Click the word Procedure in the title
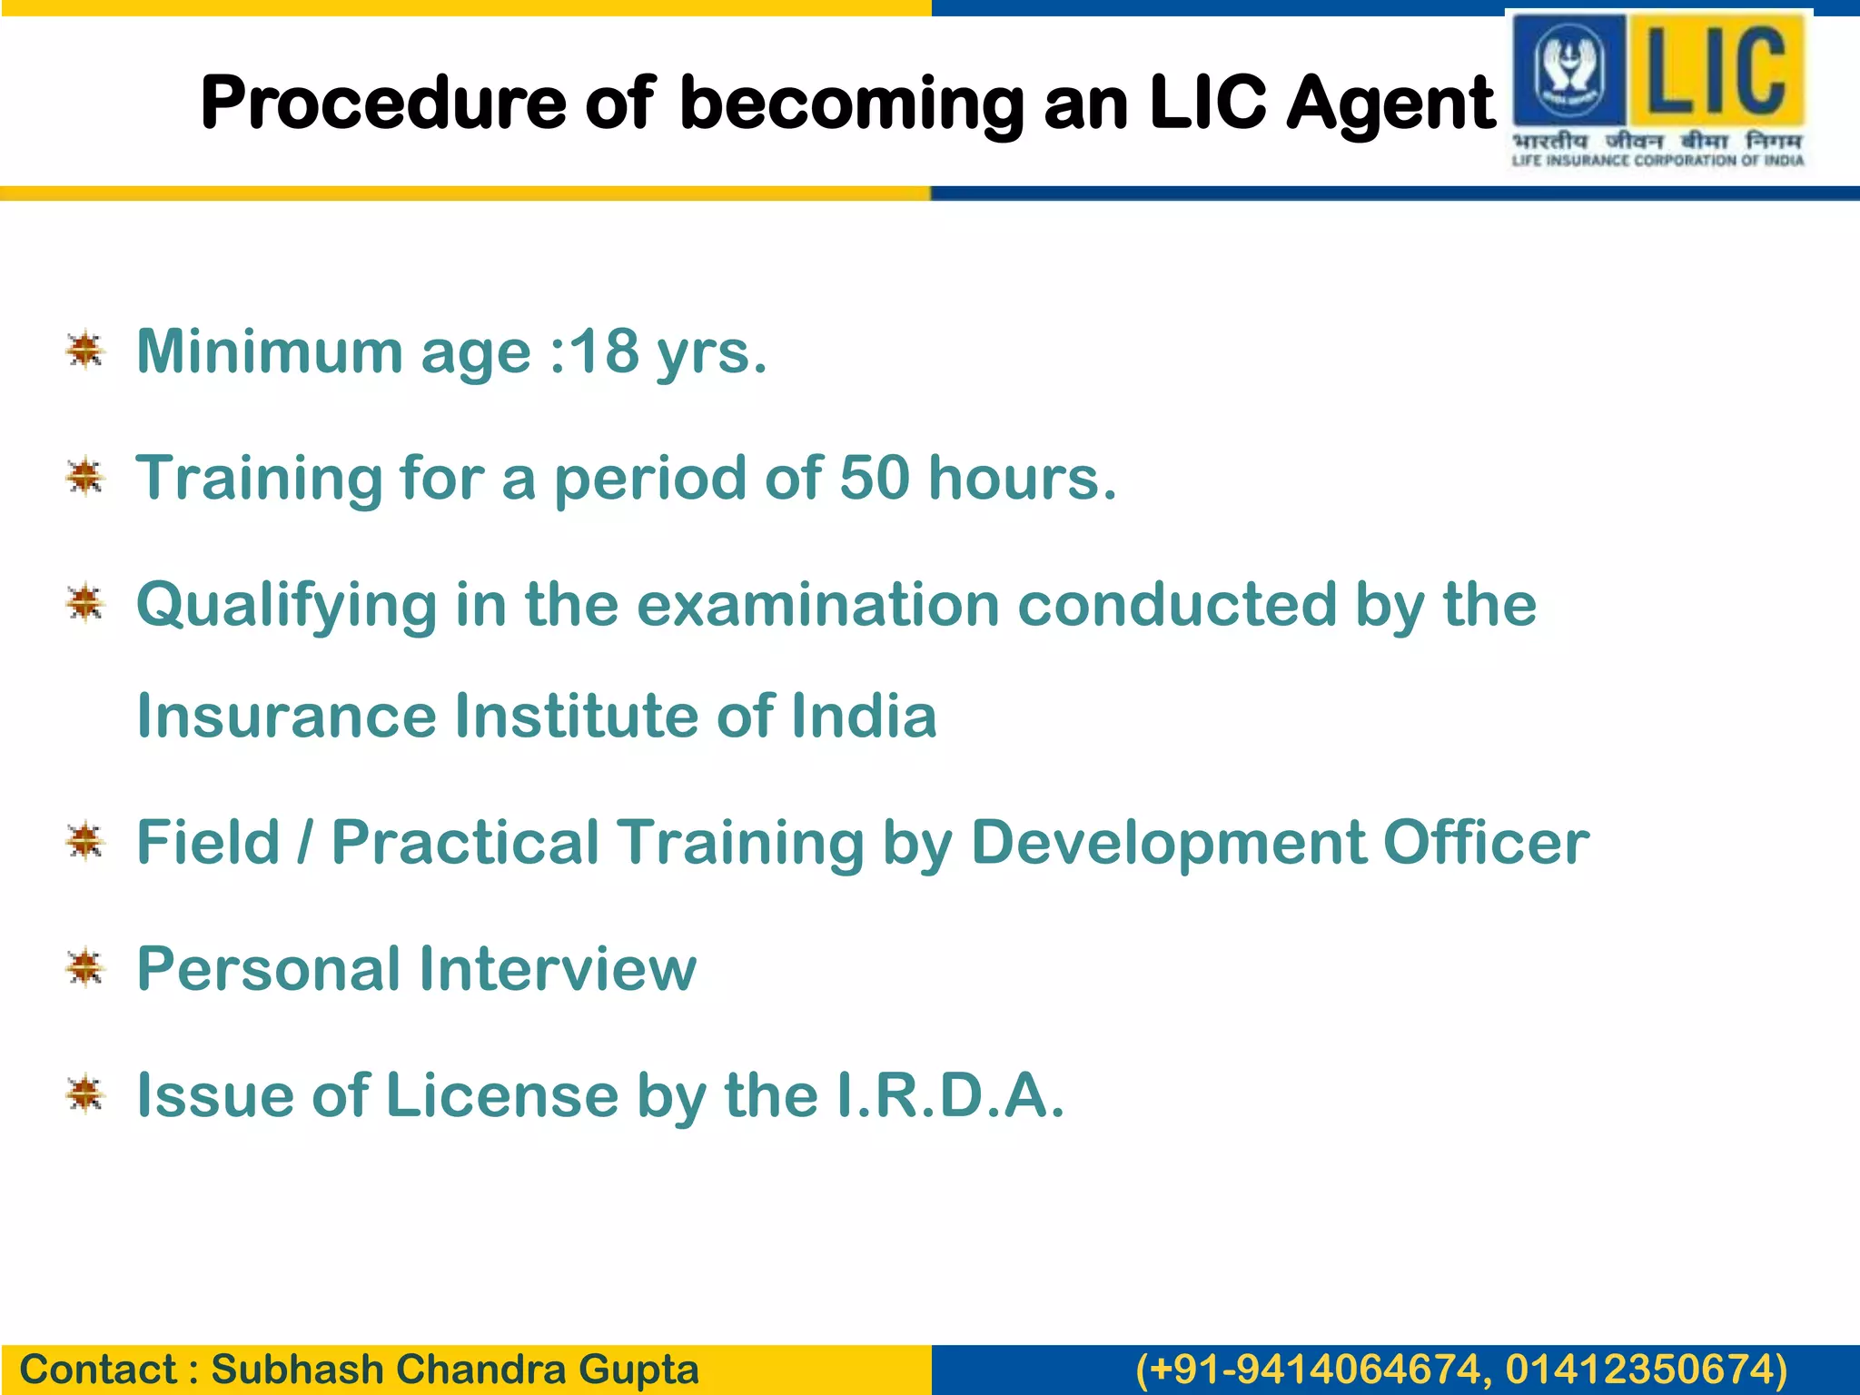click(x=382, y=104)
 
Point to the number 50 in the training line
click(x=874, y=478)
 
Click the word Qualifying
click(x=286, y=606)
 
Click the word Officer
click(x=1486, y=842)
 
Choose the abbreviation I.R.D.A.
click(x=949, y=1095)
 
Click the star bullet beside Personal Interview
click(x=85, y=968)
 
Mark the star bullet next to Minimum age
click(x=85, y=351)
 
